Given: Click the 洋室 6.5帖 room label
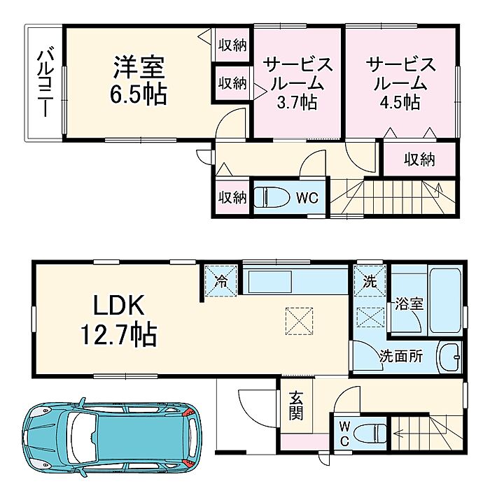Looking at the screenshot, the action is point(139,80).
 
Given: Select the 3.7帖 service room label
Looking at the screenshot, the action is point(297,83).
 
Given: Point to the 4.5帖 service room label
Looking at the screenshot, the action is point(400,83).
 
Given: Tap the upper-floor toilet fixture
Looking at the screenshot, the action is point(271,197).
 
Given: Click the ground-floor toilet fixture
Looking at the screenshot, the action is point(370,433).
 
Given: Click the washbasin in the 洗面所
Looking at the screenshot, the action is point(450,357).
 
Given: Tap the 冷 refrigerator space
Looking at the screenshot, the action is point(220,281).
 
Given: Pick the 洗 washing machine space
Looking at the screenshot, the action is point(370,281).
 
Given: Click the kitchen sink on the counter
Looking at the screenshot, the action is point(270,280).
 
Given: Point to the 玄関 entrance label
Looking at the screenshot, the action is point(296,406).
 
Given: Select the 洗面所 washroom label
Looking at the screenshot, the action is point(400,356).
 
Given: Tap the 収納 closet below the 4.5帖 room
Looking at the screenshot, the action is point(419,159).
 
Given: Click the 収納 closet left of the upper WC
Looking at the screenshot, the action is point(232,198).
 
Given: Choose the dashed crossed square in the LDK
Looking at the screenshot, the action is point(299,321).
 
